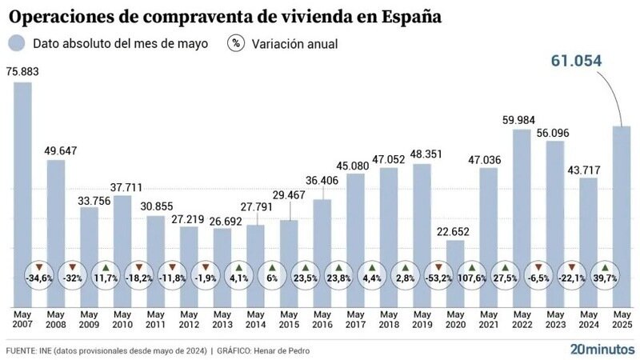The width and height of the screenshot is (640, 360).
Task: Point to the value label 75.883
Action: pos(23,71)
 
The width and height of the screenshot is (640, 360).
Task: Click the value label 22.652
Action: pos(454,231)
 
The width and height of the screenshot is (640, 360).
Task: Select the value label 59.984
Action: pos(522,119)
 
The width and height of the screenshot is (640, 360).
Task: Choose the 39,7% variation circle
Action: pos(606,278)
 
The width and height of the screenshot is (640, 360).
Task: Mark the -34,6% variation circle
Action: pos(39,278)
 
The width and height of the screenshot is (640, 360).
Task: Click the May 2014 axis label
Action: pos(256,318)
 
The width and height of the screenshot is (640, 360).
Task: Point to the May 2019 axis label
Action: pos(422,318)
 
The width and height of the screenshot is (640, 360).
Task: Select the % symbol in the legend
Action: pos(236,43)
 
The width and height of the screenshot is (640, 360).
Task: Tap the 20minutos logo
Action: pos(602,349)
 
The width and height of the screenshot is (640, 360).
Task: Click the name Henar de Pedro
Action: pos(288,350)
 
